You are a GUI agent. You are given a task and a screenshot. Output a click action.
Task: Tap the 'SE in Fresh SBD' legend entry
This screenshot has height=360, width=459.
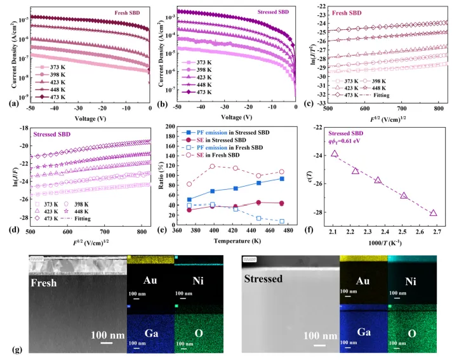click(x=215, y=156)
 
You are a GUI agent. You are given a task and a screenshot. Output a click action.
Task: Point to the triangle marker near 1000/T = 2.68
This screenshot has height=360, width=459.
click(x=433, y=213)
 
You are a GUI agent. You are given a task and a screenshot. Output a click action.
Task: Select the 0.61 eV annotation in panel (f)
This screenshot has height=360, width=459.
click(x=356, y=142)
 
